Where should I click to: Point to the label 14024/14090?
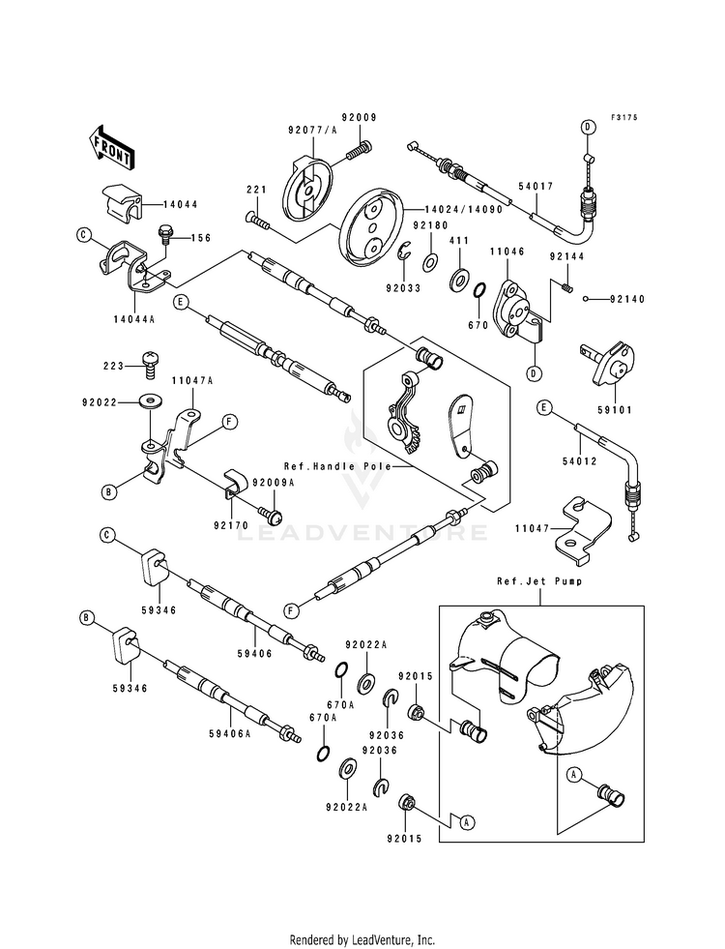[447, 210]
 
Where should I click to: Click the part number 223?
[118, 365]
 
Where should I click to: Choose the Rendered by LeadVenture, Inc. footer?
[362, 939]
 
